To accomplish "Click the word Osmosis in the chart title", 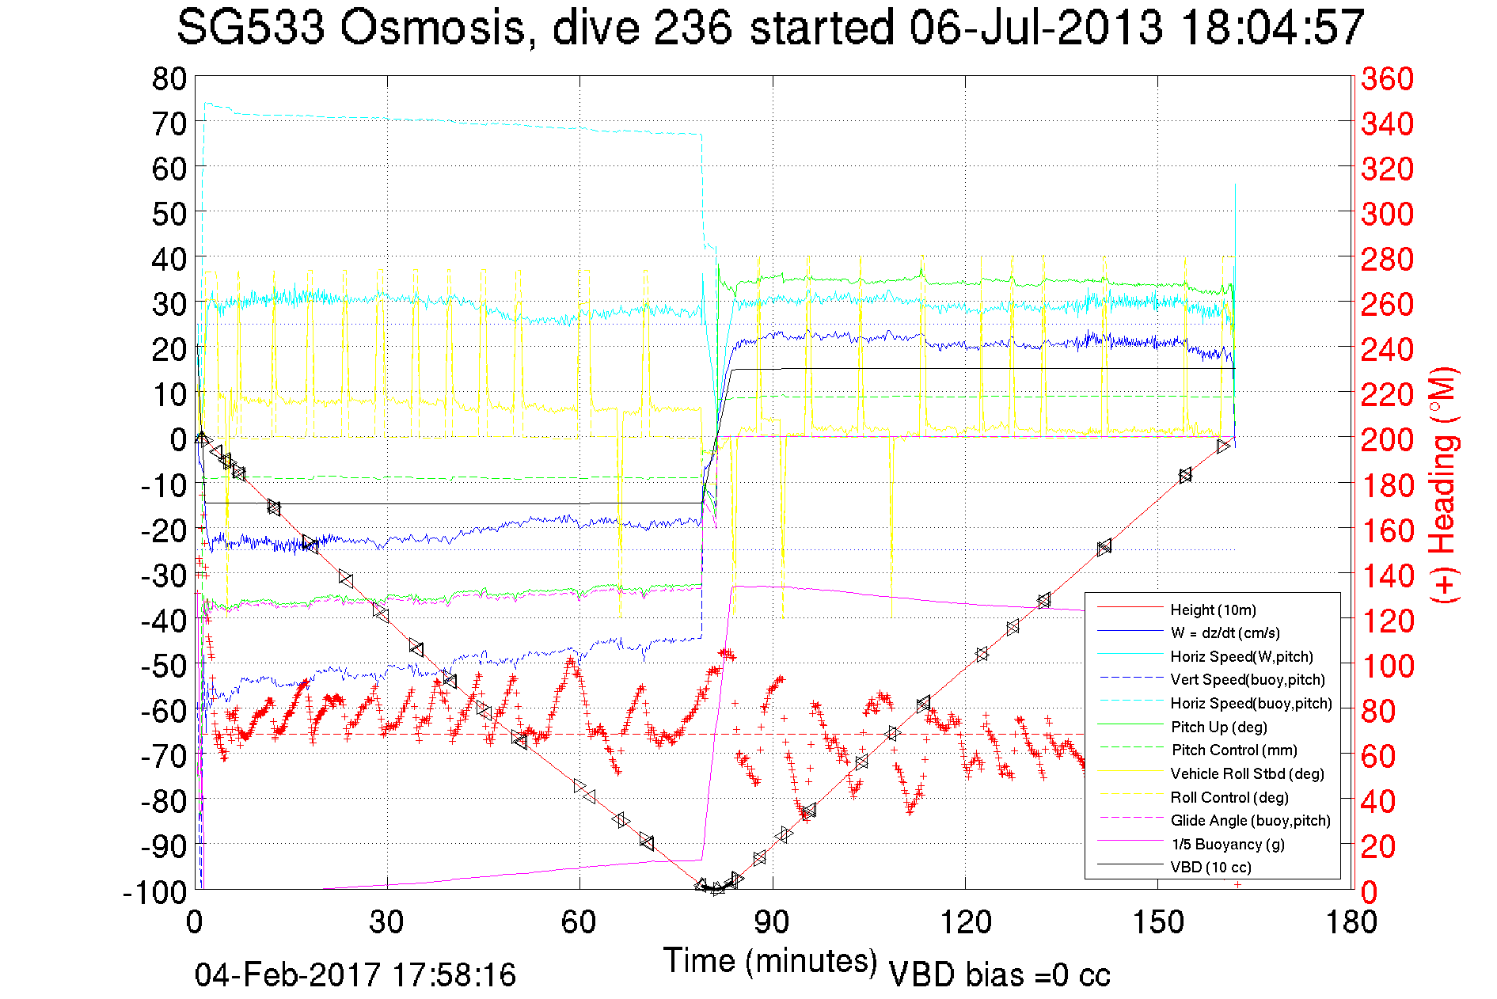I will pyautogui.click(x=433, y=28).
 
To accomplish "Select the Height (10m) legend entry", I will pyautogui.click(x=1213, y=610).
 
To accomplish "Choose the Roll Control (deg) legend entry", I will pyautogui.click(x=1229, y=797).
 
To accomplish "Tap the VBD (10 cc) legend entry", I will pyautogui.click(x=1210, y=868).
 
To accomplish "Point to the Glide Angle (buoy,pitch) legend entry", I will pyautogui.click(x=1251, y=821).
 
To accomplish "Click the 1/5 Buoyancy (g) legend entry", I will pyautogui.click(x=1228, y=845).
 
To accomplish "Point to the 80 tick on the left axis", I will pyautogui.click(x=169, y=78).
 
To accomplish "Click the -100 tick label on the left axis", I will pyautogui.click(x=154, y=892).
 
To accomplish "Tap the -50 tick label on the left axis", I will pyautogui.click(x=163, y=666).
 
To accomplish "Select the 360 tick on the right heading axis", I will pyautogui.click(x=1387, y=78).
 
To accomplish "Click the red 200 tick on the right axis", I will pyautogui.click(x=1387, y=439).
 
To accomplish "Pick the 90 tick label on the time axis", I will pyautogui.click(x=772, y=923).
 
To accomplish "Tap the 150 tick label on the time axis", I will pyautogui.click(x=1158, y=923).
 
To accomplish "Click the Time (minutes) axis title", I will pyautogui.click(x=770, y=961).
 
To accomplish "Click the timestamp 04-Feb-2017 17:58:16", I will pyautogui.click(x=355, y=975).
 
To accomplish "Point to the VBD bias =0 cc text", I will pyautogui.click(x=999, y=975).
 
